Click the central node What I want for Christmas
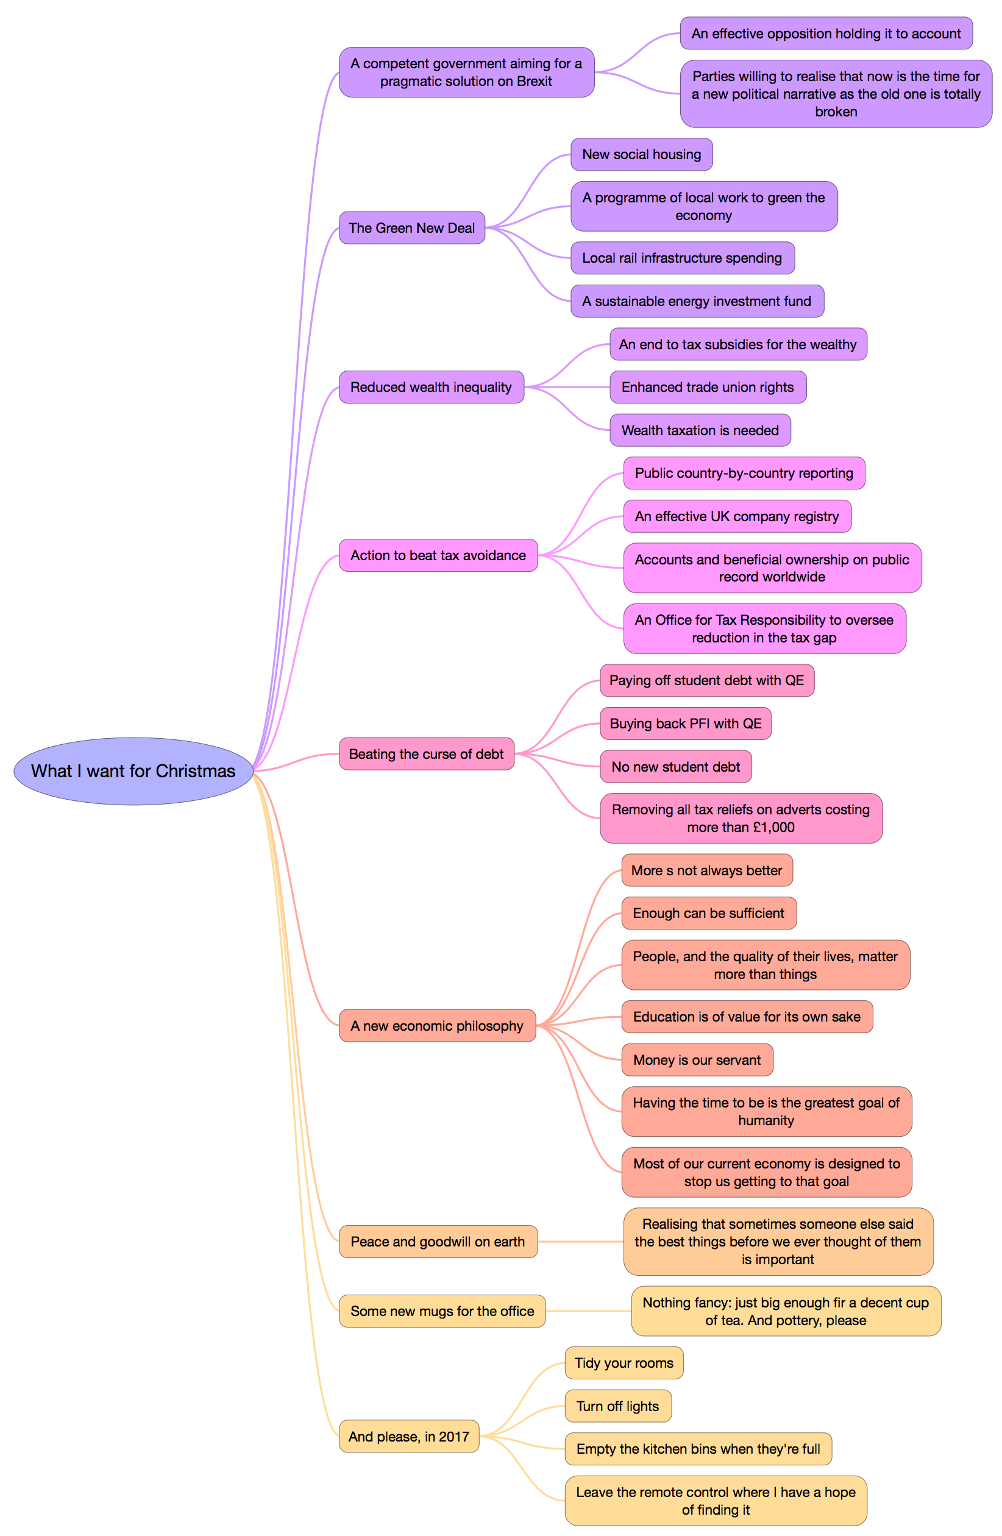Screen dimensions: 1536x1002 tap(133, 770)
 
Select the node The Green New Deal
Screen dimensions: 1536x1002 tap(411, 228)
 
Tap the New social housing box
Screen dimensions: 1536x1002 tap(641, 154)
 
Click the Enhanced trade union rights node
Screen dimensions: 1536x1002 tap(707, 387)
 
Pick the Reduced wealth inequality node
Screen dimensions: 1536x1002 tap(431, 387)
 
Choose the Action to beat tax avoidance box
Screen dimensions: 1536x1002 tap(438, 555)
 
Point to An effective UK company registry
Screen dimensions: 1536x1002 tap(737, 516)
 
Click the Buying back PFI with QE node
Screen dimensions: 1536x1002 tap(685, 724)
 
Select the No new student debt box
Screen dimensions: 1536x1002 tap(675, 767)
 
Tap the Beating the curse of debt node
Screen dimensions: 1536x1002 tap(426, 754)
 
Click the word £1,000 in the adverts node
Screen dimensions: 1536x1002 tap(773, 827)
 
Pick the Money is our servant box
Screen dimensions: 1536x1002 tap(697, 1060)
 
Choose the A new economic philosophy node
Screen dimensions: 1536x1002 tap(437, 1025)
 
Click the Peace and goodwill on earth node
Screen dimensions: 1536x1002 tap(438, 1242)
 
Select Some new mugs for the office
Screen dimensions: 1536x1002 tap(442, 1310)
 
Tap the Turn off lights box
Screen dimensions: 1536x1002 tap(617, 1406)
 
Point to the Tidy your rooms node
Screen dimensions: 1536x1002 tap(624, 1363)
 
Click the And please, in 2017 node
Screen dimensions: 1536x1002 tap(408, 1437)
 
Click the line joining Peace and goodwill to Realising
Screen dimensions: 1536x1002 tap(581, 1242)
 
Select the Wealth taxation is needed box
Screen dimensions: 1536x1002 tap(700, 430)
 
